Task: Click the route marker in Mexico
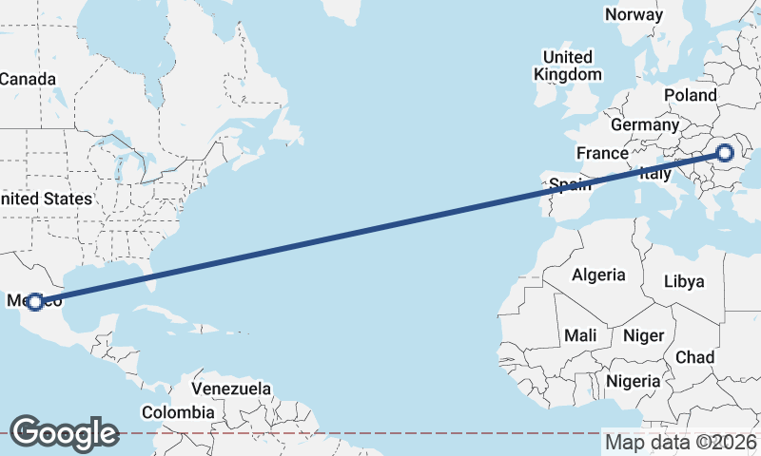(x=35, y=301)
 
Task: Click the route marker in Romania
(x=725, y=152)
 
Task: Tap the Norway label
(x=634, y=14)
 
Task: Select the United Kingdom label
(x=568, y=66)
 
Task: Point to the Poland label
(x=691, y=95)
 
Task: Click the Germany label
(x=645, y=124)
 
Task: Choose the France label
(x=602, y=153)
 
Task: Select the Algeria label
(x=598, y=275)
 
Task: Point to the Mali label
(x=580, y=335)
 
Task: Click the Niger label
(x=642, y=335)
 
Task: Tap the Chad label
(x=694, y=357)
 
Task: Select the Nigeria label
(x=633, y=380)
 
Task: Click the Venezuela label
(x=231, y=389)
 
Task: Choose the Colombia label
(x=178, y=412)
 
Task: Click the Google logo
(x=64, y=432)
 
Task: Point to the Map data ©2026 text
(x=680, y=442)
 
